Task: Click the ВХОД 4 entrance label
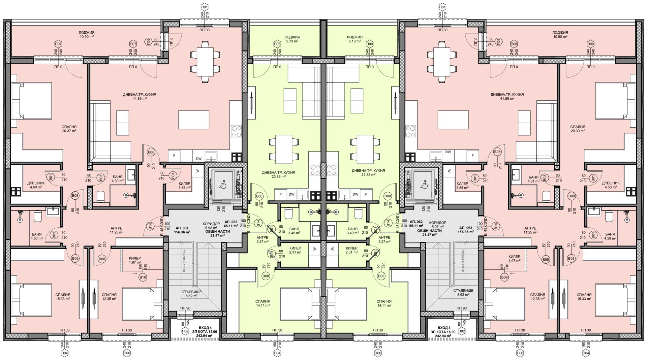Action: click(206, 328)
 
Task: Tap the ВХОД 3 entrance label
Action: click(444, 328)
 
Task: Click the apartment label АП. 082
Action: click(231, 222)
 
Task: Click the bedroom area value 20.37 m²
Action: click(69, 131)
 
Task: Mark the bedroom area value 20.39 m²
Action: click(578, 131)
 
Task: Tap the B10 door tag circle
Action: click(143, 277)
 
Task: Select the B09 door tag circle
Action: click(504, 277)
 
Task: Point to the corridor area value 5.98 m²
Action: click(211, 227)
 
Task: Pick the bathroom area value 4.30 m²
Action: click(118, 181)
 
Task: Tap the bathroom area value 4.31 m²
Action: click(533, 181)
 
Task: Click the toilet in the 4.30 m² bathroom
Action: click(101, 197)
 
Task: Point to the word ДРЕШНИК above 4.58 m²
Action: click(611, 183)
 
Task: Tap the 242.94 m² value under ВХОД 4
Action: click(206, 336)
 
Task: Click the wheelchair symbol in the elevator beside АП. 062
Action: click(424, 185)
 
